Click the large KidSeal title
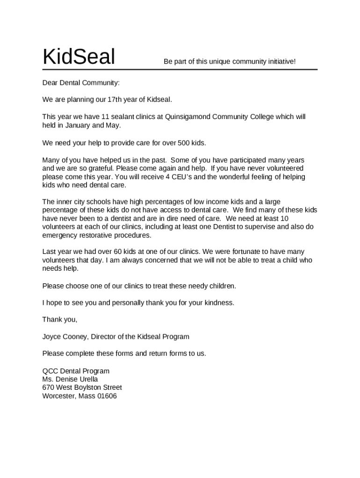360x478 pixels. click(79, 57)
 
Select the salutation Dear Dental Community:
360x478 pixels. click(81, 83)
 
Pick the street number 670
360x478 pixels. click(48, 387)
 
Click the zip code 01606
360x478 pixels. click(106, 396)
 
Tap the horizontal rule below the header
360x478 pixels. click(180, 70)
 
